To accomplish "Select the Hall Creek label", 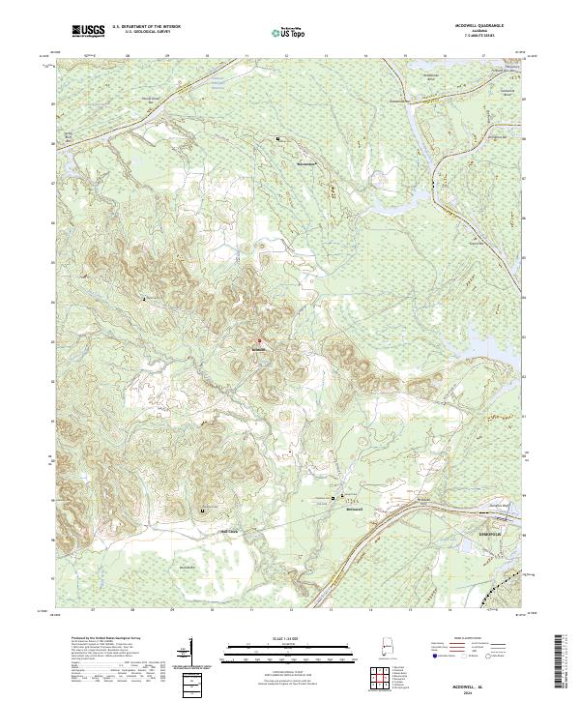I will [x=229, y=529].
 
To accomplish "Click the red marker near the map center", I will [x=259, y=339].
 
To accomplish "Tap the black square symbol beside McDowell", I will [x=334, y=498].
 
